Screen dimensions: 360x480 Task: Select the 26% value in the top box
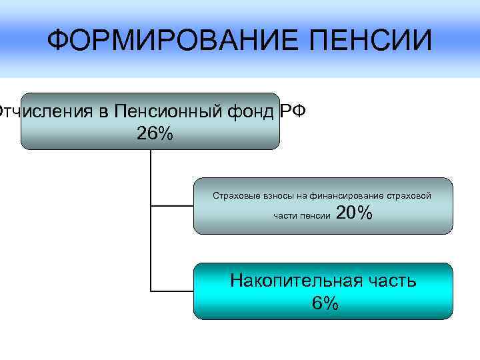point(154,133)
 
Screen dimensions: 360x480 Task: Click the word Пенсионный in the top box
point(167,111)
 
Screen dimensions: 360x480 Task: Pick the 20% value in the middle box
point(355,213)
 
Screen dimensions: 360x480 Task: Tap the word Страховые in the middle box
point(234,196)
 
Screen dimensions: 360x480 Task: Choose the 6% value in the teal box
point(325,304)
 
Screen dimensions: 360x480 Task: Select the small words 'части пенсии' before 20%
point(301,216)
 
